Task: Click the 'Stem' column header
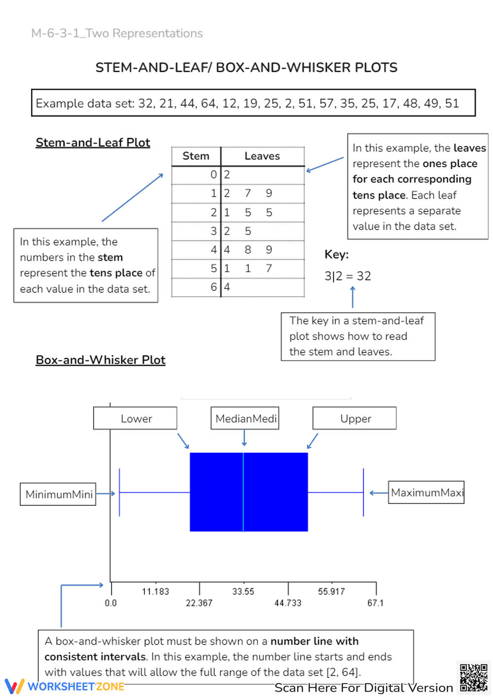coord(196,156)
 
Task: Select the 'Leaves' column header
coord(262,156)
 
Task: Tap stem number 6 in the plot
coord(213,287)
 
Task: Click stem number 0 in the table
coord(213,174)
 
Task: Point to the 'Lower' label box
coord(136,418)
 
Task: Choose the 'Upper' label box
coord(355,418)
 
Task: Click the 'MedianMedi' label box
coord(245,418)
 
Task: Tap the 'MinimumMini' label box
coord(58,494)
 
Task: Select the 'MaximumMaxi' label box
coord(426,492)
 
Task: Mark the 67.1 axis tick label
coord(375,603)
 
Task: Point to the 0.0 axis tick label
coord(111,603)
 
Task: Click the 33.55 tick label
coord(243,592)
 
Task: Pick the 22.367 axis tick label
coord(199,603)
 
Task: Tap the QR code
coord(473,678)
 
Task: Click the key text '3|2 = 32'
coord(348,276)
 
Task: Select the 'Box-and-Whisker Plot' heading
coord(101,360)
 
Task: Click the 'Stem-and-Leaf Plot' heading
coord(93,142)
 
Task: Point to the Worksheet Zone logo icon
coord(14,686)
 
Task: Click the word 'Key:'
coord(336,254)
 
